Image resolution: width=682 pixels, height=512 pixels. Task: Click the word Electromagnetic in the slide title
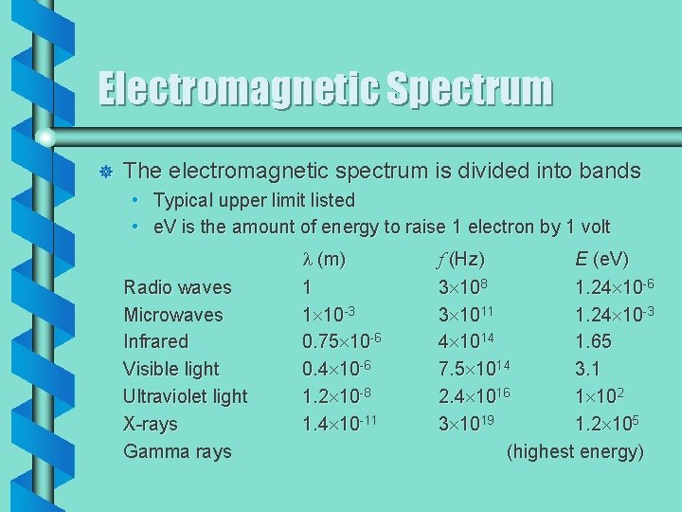pos(236,90)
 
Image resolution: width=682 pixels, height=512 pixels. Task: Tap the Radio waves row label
pos(177,287)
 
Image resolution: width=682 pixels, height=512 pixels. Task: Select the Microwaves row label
pos(173,315)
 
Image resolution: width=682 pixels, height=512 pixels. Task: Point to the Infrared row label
pos(155,341)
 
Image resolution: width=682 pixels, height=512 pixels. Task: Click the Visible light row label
pos(170,369)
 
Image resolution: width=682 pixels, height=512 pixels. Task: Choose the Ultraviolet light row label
pos(185,396)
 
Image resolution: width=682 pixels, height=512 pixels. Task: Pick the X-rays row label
pos(150,424)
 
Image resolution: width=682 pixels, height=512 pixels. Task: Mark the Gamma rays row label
pos(177,451)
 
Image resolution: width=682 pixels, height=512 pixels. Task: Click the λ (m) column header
pos(323,260)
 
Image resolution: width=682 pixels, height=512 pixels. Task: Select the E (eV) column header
pos(601,260)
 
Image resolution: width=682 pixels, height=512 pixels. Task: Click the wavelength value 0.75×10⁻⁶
pos(341,341)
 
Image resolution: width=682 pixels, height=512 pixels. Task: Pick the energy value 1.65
pos(593,341)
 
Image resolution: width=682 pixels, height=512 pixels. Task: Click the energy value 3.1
pos(587,369)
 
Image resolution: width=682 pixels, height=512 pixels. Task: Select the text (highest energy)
pos(575,451)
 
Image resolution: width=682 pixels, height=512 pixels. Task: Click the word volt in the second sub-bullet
pos(592,228)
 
